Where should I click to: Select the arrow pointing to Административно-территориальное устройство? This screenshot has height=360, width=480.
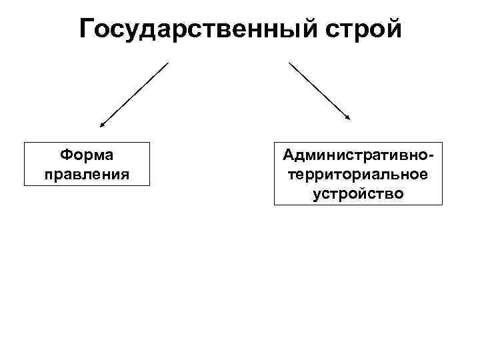319,91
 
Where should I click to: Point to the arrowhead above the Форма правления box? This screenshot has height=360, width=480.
102,124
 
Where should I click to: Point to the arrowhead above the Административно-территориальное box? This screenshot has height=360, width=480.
347,118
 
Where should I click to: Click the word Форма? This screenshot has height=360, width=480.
86,155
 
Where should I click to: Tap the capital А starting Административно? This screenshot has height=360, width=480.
288,155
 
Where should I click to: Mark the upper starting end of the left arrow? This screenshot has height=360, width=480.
168,63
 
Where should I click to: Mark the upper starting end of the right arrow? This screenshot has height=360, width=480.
289,63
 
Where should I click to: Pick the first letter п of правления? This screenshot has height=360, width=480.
48,175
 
